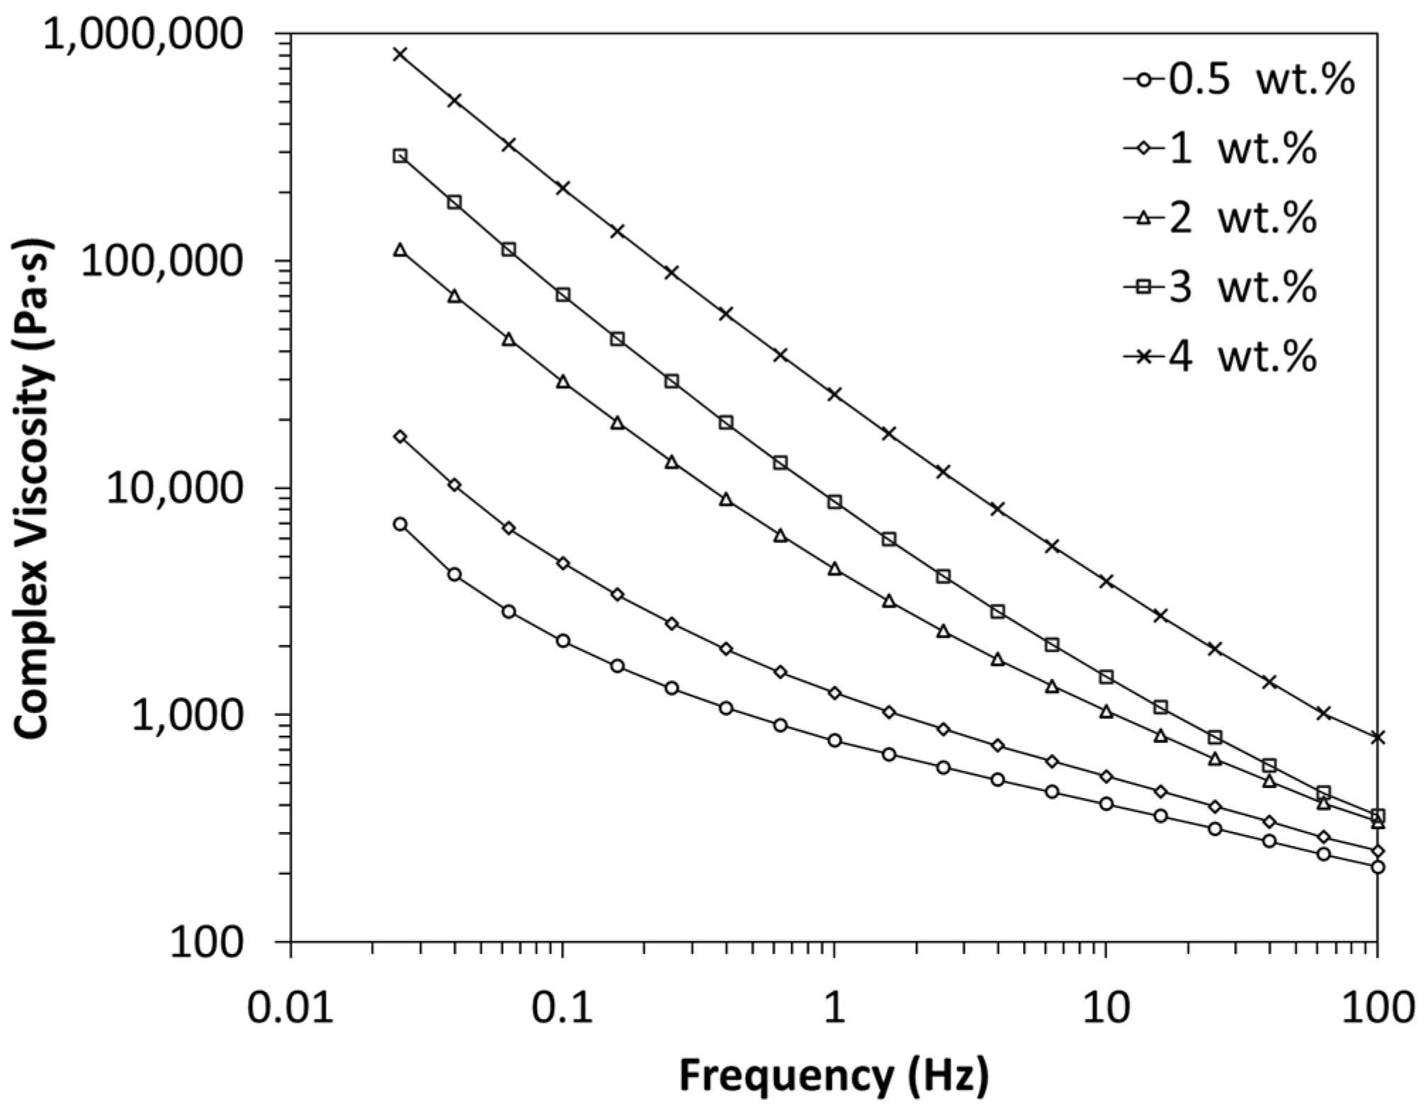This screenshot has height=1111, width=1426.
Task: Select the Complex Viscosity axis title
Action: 33,489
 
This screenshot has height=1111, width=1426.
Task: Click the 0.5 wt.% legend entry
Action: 1240,80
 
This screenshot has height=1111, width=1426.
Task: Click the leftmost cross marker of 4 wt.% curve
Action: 400,54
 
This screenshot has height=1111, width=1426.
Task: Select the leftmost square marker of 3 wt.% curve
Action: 400,156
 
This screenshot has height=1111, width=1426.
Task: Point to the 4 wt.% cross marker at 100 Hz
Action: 1376,738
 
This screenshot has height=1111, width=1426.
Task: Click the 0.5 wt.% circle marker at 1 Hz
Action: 834,741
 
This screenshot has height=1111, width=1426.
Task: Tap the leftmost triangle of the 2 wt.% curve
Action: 400,250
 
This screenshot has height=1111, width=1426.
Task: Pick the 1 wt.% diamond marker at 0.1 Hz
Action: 563,564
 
